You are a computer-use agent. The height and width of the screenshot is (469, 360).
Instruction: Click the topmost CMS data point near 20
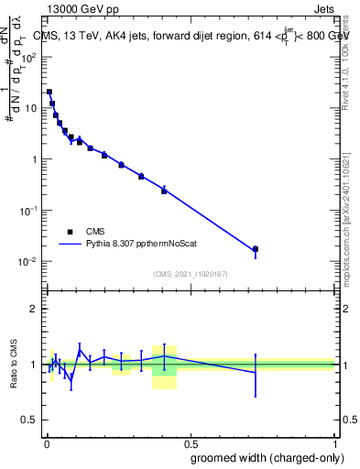[x=49, y=92]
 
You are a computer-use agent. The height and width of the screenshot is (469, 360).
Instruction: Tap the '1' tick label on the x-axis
[x=334, y=442]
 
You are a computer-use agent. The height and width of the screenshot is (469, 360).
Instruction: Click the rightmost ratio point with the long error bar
[x=256, y=372]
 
